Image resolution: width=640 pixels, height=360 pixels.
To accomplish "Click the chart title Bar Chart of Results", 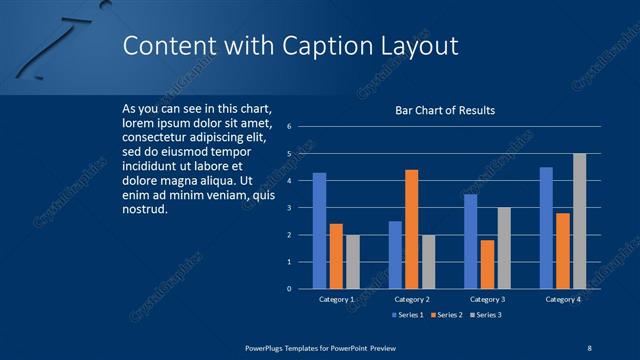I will point(445,110).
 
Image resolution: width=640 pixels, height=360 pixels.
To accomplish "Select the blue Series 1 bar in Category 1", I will point(319,231).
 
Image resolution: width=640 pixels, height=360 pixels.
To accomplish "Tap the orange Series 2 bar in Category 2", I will point(411,229).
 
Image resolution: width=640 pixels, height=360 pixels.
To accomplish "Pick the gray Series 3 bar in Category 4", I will point(579,221).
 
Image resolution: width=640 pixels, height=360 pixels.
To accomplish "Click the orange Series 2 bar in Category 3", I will point(487,264).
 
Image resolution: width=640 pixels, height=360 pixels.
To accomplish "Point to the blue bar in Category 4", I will point(546,228).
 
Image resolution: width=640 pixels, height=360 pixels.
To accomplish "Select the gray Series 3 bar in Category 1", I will point(352,262).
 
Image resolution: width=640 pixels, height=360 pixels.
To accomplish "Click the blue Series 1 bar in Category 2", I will point(395,255).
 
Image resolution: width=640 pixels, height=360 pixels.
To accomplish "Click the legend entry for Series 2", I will point(445,315).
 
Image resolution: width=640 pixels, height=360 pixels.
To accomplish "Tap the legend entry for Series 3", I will point(485,315).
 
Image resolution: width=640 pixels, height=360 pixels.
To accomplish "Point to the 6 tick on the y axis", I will point(288,127).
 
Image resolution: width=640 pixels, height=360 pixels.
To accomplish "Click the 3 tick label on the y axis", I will point(288,208).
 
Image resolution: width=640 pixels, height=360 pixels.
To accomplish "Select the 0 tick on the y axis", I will point(288,289).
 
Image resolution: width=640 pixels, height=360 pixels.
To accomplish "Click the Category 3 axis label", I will point(487,299).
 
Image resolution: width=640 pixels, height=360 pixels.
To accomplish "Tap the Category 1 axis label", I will point(336,299).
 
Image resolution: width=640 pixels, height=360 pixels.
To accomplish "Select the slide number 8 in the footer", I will point(590,347).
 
